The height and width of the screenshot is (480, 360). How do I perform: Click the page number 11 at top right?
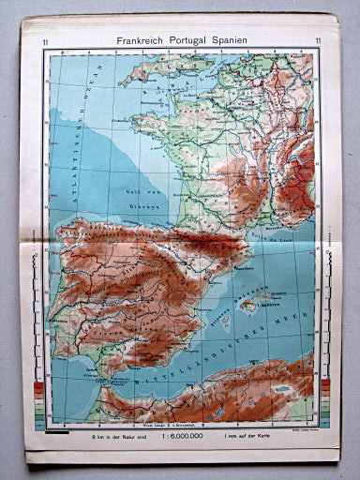pyautogui.click(x=319, y=41)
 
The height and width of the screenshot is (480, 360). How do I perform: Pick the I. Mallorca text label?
pyautogui.click(x=257, y=303)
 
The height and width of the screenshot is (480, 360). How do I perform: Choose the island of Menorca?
pyautogui.click(x=268, y=292)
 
